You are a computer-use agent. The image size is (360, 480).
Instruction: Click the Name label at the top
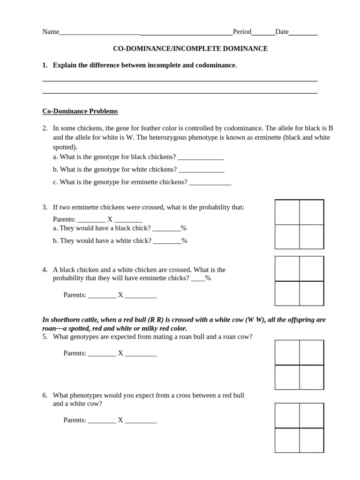pos(51,32)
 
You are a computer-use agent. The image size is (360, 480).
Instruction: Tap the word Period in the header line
pos(242,32)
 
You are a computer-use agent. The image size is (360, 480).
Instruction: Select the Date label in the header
pos(282,32)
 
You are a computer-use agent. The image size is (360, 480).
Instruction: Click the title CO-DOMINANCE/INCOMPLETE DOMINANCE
pos(190,49)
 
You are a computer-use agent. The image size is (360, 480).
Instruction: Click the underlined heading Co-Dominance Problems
pos(80,111)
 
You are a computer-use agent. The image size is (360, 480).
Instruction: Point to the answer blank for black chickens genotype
pos(201,157)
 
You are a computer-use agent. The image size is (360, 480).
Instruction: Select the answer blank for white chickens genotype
pos(201,170)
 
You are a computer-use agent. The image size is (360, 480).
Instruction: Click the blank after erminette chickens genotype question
pos(210,182)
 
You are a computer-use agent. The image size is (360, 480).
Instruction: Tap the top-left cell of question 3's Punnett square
pos(287,212)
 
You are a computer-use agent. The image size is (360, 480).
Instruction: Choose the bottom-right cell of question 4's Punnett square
pos(311,293)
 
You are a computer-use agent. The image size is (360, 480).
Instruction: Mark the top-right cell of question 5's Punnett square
pos(311,352)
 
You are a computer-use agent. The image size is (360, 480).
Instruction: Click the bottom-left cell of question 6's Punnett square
pos(287,440)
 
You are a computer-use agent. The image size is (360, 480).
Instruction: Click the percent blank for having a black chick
pos(166,228)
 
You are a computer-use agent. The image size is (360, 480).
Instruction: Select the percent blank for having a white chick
pos(167,241)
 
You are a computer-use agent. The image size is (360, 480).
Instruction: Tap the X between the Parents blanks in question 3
pos(110,219)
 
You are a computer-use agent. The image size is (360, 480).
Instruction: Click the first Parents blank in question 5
pos(102,353)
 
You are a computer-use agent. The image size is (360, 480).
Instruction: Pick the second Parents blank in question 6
pos(140,420)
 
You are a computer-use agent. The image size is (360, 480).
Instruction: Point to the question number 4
pos(45,270)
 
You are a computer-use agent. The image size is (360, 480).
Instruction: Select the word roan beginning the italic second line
pos(49,329)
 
